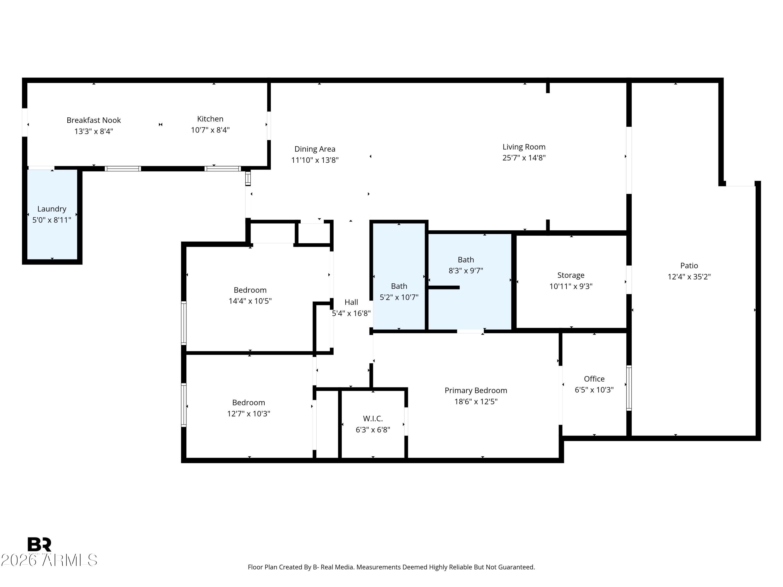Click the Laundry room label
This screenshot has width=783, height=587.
(52, 209)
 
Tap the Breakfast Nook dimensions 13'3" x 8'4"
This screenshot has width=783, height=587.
(93, 131)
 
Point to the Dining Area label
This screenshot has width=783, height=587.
(315, 149)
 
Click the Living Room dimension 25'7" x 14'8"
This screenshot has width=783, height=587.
(524, 158)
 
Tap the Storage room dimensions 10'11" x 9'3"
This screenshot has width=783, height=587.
(571, 286)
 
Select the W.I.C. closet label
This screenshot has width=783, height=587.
(373, 418)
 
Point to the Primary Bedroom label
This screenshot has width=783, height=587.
(476, 390)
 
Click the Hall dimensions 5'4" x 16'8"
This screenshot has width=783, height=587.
(351, 313)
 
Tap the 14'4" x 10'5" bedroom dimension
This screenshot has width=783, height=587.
(250, 301)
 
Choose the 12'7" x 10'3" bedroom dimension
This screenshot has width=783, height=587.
(248, 414)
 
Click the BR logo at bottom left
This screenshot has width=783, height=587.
(39, 544)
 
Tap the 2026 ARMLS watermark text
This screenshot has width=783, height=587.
(49, 560)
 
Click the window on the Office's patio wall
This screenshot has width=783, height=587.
(629, 388)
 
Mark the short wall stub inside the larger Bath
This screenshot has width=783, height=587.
(444, 287)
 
